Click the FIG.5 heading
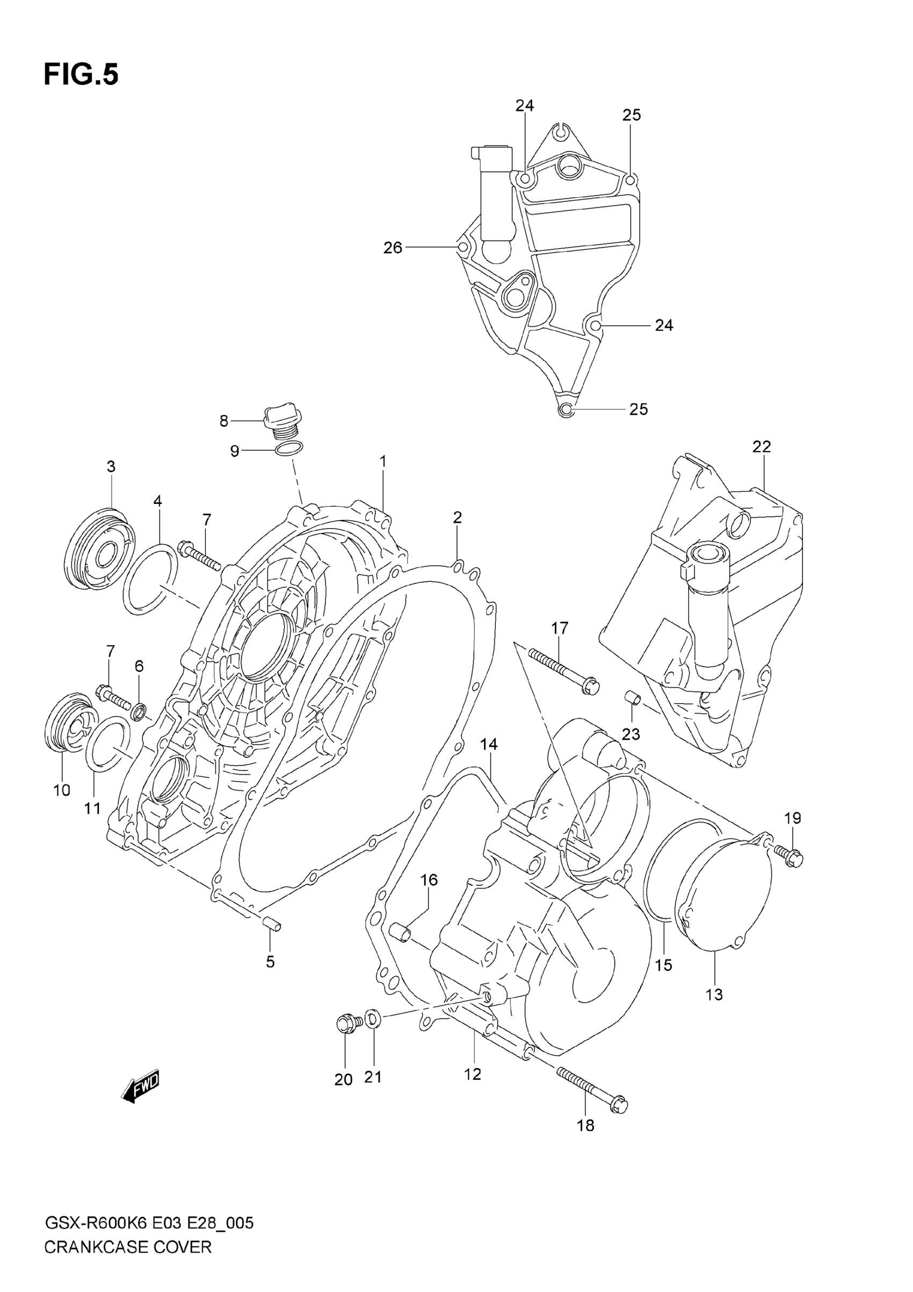(81, 75)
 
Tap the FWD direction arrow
(141, 1087)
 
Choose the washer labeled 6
(139, 712)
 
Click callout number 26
(393, 248)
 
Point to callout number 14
(488, 744)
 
